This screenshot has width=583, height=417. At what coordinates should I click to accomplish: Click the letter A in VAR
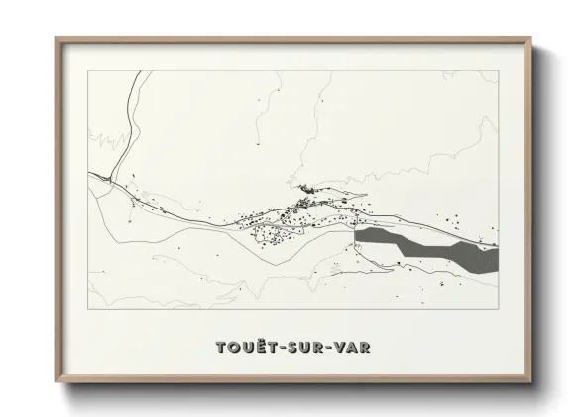[354, 347]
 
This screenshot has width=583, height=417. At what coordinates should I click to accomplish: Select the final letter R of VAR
[366, 347]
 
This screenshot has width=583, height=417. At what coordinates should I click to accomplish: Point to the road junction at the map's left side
[108, 178]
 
